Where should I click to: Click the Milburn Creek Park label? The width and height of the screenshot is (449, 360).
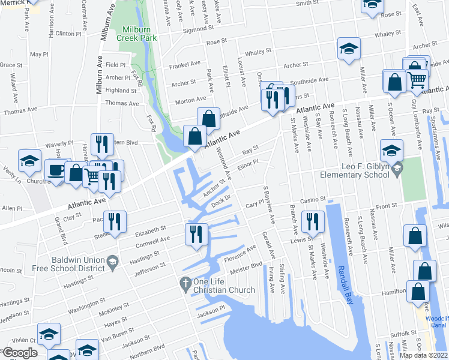(139, 34)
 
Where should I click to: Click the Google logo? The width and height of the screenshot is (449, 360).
(20, 353)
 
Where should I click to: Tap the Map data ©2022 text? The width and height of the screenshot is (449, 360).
(423, 355)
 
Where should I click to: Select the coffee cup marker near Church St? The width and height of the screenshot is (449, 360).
(55, 171)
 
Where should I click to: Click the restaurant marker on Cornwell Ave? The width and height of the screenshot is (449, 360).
(196, 233)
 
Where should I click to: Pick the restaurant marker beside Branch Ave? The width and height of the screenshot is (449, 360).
(312, 221)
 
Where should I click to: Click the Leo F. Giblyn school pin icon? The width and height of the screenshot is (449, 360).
(396, 172)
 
